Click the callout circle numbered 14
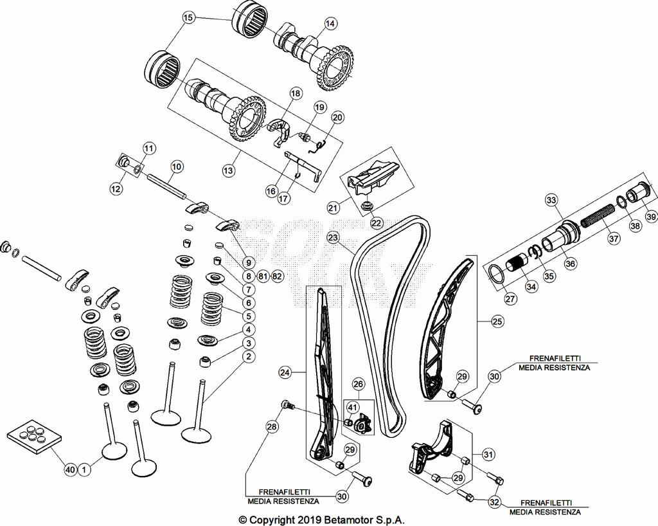tap(330, 24)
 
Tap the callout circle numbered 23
tap(332, 237)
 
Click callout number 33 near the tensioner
tap(551, 201)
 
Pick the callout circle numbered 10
tap(177, 165)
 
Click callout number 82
tap(277, 276)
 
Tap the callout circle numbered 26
tap(358, 385)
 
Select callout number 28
tap(272, 426)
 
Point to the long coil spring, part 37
tap(598, 222)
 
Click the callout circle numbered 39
tap(651, 217)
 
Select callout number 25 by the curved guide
tap(497, 320)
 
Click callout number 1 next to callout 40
tap(84, 470)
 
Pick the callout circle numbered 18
tap(295, 93)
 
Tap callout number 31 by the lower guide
tap(489, 455)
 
